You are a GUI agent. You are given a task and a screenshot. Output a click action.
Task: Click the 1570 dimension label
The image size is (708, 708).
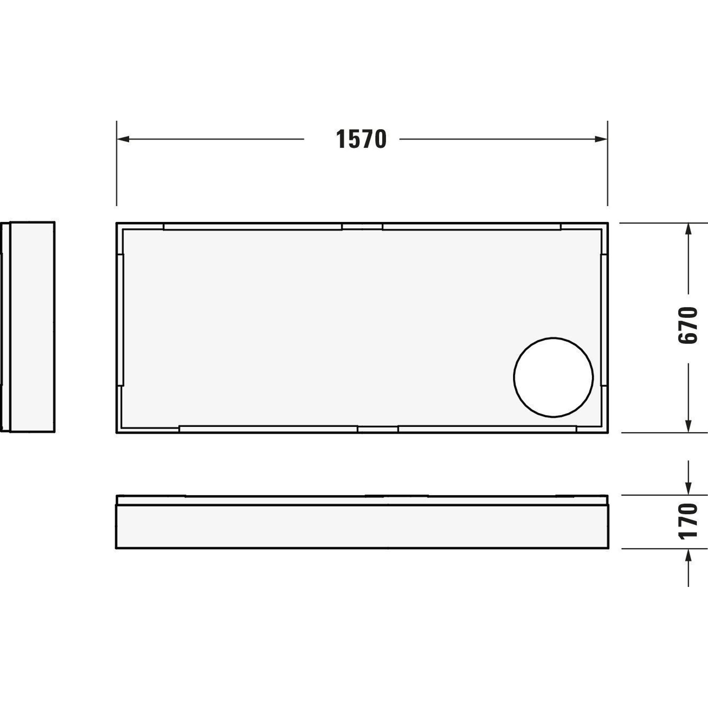pyautogui.click(x=361, y=139)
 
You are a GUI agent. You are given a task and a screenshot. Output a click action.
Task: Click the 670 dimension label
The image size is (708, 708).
pyautogui.click(x=687, y=325)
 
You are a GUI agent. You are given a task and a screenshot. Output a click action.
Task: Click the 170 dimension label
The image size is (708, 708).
pyautogui.click(x=687, y=521)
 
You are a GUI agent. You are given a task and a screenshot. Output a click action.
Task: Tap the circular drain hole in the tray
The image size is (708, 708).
pyautogui.click(x=553, y=377)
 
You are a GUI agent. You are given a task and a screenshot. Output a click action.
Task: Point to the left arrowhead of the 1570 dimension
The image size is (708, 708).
pyautogui.click(x=123, y=139)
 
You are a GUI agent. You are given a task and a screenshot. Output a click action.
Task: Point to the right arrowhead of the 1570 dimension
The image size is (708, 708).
pyautogui.click(x=601, y=139)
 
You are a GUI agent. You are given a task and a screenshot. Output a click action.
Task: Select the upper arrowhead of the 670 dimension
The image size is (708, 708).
pyautogui.click(x=688, y=229)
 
